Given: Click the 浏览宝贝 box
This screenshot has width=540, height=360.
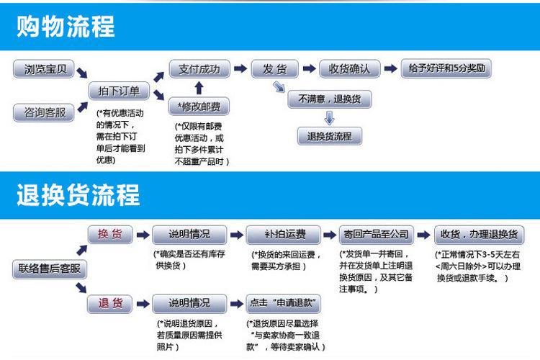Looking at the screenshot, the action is tap(44, 69).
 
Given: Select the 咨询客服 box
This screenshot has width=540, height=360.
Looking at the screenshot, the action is tap(44, 112).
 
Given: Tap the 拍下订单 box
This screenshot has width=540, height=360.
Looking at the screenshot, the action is tap(119, 91).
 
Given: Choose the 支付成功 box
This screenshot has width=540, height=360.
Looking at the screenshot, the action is tap(199, 69).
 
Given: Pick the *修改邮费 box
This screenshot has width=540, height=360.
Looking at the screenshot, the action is tap(199, 107).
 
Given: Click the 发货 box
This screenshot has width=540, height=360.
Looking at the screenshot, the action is tap(275, 69).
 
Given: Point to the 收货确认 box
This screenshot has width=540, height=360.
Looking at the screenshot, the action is tap(349, 69).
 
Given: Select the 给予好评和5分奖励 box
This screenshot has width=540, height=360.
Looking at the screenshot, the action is tap(446, 68).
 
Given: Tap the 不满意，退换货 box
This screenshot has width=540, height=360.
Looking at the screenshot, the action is tap(330, 99).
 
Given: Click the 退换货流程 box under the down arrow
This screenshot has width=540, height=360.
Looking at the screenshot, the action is tap(330, 136).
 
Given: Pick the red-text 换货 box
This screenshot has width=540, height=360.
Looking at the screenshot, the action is tap(110, 234).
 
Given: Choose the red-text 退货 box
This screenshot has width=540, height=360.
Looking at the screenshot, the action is tap(110, 304).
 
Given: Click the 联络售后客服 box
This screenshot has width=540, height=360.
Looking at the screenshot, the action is tap(50, 269).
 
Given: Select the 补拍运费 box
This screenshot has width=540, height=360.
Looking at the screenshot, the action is tap(284, 235).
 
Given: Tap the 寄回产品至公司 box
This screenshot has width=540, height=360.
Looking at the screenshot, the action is tap(377, 235).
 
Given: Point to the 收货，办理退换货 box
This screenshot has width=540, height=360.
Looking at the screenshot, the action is tap(480, 235).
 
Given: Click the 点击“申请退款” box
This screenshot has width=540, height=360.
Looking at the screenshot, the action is tap(284, 304).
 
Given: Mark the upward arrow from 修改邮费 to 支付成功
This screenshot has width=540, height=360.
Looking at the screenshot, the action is tap(199, 88).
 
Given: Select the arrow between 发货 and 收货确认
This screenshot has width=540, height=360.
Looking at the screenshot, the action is tap(309, 68).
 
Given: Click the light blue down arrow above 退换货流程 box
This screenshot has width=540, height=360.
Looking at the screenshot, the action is tap(330, 118).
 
